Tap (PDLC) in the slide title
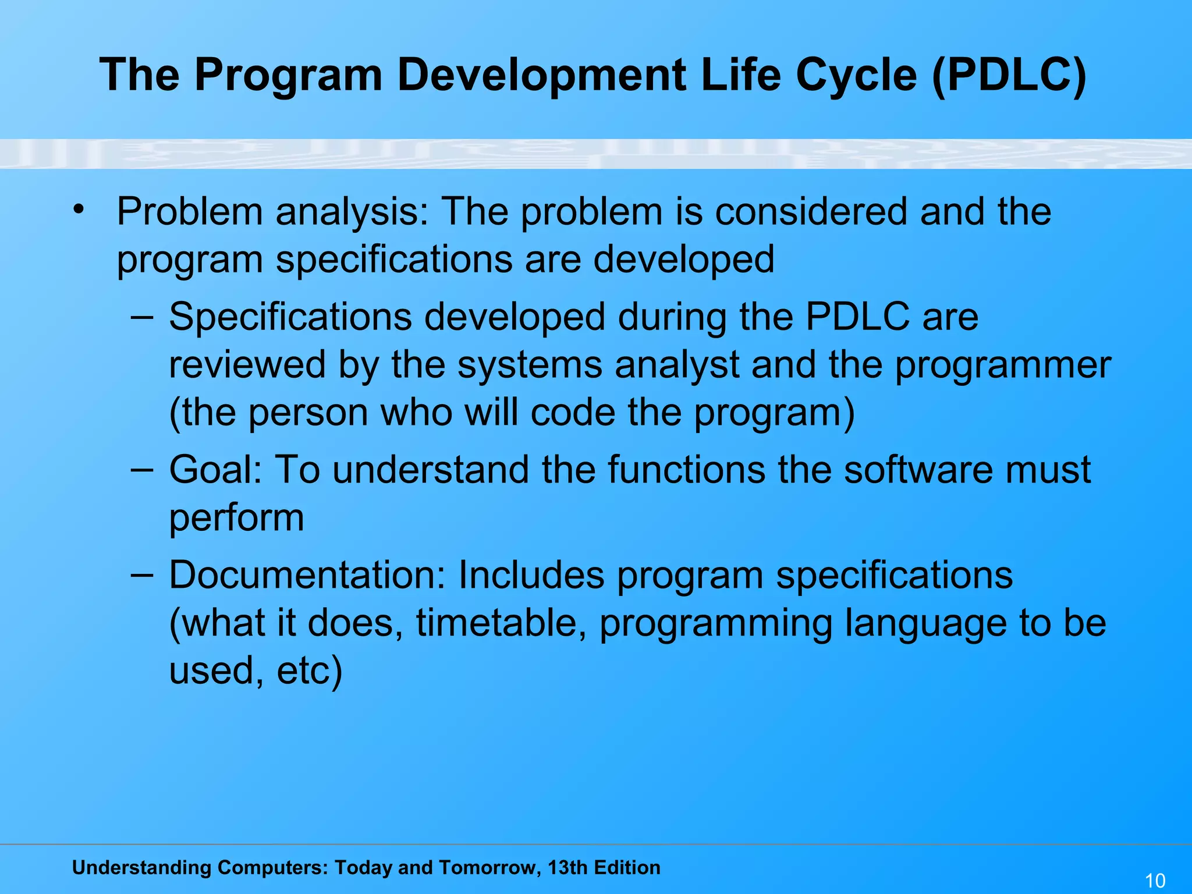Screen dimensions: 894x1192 click(x=1008, y=76)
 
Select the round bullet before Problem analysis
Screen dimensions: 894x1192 click(x=79, y=208)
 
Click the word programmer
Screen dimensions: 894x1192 click(x=1002, y=365)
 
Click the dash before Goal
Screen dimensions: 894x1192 click(x=142, y=469)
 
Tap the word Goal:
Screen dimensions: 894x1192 click(x=215, y=469)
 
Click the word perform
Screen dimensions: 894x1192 click(x=236, y=517)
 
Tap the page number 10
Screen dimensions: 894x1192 click(x=1155, y=880)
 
